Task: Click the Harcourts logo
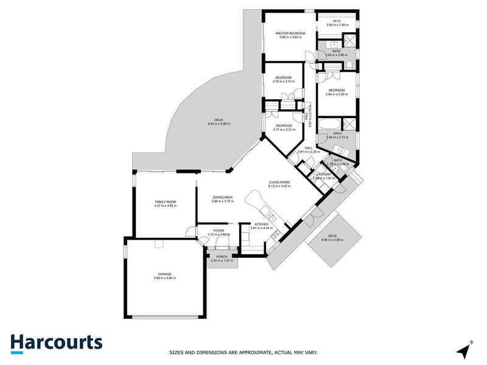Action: [56, 342]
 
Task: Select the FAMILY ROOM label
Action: [165, 201]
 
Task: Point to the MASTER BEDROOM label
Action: [290, 33]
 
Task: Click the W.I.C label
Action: [337, 21]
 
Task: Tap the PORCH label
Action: [222, 257]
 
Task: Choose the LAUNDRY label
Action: [323, 174]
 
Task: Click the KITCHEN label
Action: [262, 224]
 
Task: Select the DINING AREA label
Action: [222, 197]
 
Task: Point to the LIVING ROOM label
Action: [280, 182]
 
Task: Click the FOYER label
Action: [219, 231]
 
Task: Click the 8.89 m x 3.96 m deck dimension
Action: [332, 240]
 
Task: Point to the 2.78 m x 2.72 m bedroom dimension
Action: [284, 82]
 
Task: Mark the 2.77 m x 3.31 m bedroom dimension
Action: [284, 130]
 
